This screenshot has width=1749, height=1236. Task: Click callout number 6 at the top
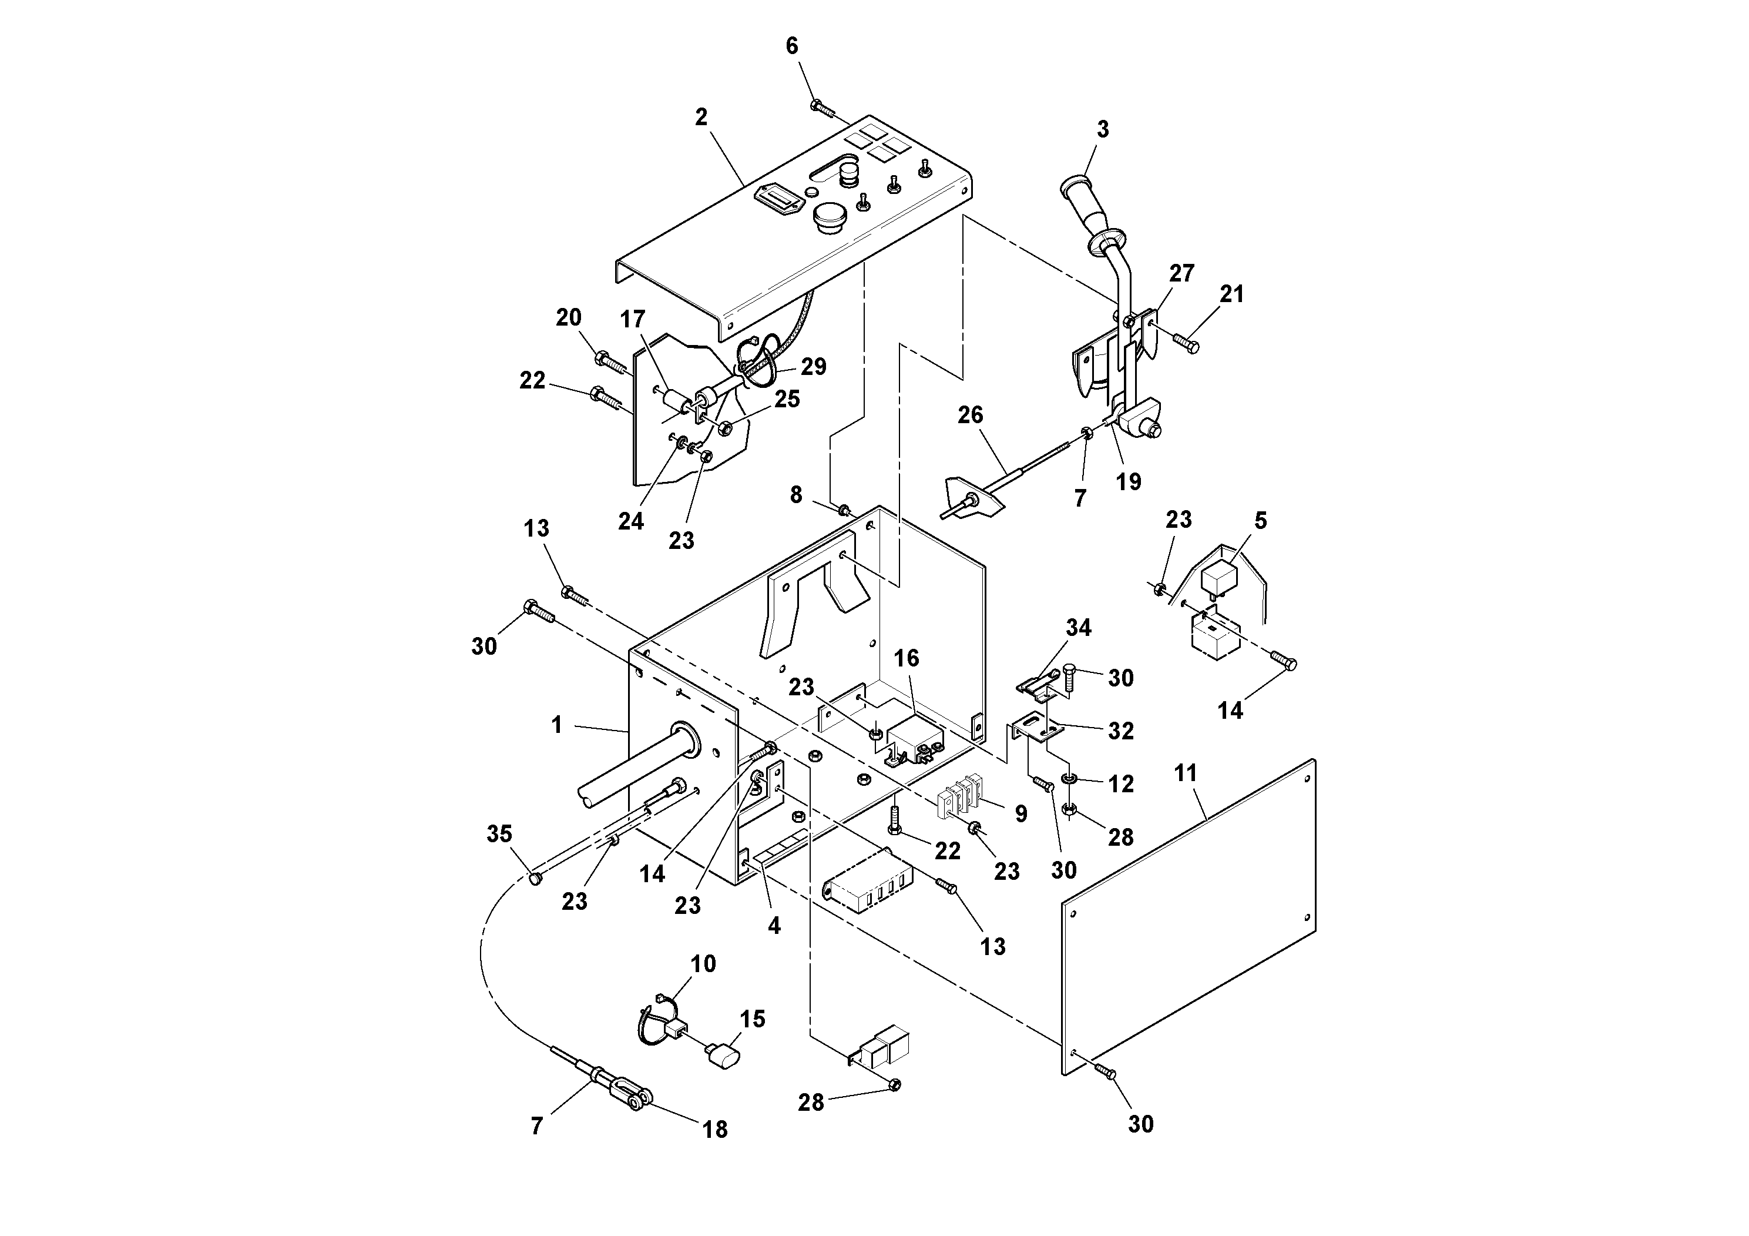pos(791,46)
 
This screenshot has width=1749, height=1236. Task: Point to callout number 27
pos(1181,273)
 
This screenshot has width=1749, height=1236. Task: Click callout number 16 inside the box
pos(907,658)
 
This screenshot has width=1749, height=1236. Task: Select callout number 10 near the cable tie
pos(703,963)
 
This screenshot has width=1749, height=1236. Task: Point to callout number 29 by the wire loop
pos(814,367)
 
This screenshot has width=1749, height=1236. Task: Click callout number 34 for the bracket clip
pos(1079,627)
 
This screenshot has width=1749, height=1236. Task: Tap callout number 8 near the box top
pos(796,495)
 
